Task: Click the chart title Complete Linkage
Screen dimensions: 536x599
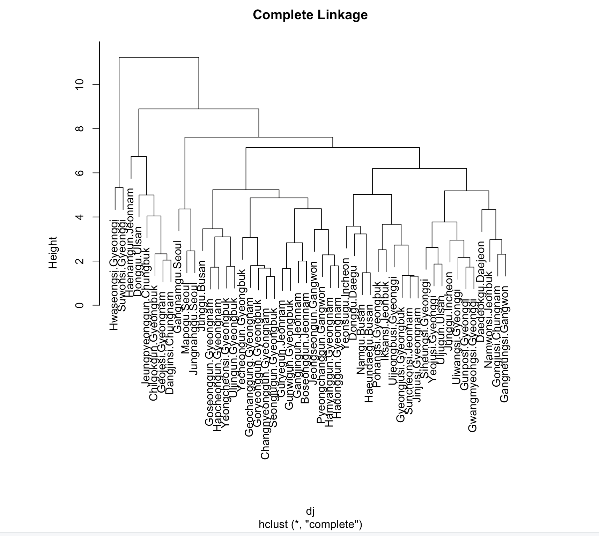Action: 310,15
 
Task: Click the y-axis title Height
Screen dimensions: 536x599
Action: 53,252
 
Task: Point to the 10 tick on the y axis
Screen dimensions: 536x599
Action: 80,84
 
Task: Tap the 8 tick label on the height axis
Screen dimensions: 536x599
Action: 80,129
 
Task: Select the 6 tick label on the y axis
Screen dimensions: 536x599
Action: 80,173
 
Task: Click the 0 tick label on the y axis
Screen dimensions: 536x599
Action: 80,305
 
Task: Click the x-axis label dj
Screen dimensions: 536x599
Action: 310,511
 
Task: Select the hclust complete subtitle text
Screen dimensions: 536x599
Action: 310,524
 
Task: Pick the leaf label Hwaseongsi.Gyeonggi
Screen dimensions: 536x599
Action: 114,274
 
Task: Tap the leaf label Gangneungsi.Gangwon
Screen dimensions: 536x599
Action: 505,344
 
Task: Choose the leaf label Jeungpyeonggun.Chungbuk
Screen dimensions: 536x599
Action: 146,316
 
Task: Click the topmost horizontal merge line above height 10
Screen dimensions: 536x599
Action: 159,57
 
